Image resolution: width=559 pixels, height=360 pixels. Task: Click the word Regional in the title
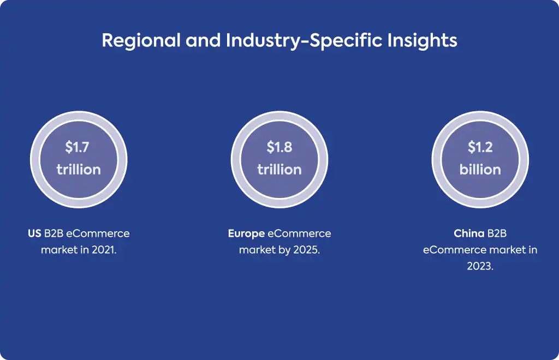141,41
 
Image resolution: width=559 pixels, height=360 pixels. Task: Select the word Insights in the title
423,41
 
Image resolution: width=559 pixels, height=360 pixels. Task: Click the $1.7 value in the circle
77,147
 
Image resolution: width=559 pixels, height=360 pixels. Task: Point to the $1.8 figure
279,147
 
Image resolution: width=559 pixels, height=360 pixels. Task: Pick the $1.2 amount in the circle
480,147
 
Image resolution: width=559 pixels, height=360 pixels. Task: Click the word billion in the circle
480,170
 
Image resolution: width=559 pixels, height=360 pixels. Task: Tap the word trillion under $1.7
79,170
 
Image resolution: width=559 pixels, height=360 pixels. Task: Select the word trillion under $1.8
279,170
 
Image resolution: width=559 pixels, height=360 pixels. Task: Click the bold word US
34,233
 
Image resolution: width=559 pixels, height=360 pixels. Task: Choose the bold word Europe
246,234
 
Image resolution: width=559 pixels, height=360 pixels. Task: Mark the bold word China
469,233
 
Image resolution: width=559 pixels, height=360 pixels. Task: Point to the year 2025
307,250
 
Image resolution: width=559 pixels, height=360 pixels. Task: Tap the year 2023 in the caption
480,266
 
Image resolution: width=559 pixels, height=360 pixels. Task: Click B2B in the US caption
53,233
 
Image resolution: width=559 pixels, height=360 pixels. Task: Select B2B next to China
497,233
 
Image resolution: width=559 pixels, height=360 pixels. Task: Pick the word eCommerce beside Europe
299,233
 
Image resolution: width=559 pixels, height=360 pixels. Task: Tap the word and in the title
203,40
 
